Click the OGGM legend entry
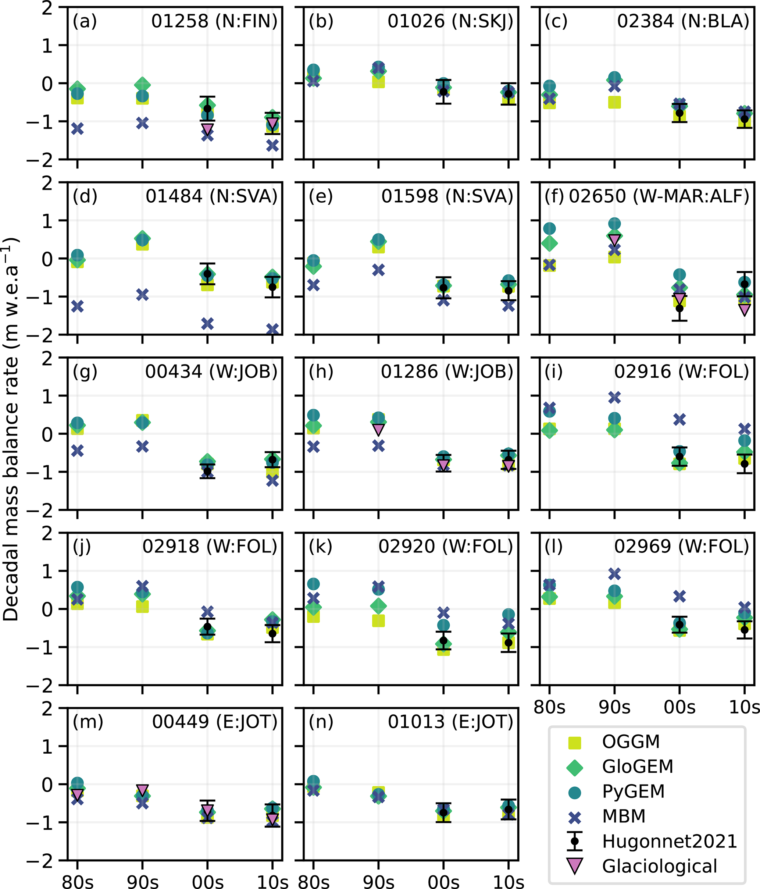click(631, 742)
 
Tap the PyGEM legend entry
click(633, 791)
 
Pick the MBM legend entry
click(624, 816)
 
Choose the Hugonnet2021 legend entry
click(669, 842)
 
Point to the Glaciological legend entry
click(659, 866)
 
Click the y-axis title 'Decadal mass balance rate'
click(11, 429)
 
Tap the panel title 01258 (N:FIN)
click(214, 21)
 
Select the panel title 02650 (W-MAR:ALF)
click(659, 196)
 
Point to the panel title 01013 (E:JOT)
click(450, 722)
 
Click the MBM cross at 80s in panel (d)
click(77, 306)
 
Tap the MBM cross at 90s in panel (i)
click(615, 398)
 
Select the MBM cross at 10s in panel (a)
click(272, 146)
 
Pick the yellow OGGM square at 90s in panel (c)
click(615, 102)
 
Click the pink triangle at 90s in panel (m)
click(142, 790)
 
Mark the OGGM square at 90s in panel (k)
click(378, 621)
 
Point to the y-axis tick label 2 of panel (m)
click(47, 708)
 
